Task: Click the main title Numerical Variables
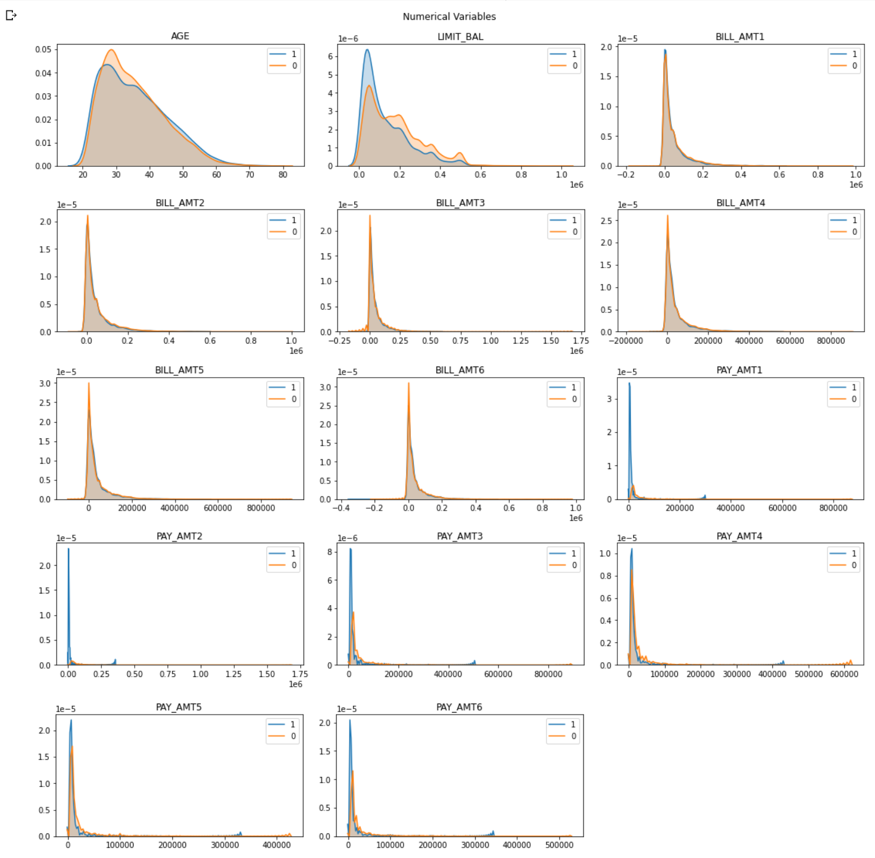[x=449, y=17]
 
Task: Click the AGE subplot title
[x=180, y=36]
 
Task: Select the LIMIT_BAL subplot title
[x=460, y=36]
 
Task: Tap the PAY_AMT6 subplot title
[x=459, y=707]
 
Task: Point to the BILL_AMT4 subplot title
[x=740, y=203]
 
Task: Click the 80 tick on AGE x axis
[x=283, y=175]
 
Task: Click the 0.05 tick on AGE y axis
[x=43, y=49]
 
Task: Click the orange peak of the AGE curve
[x=111, y=50]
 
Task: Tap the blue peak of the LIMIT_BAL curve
[x=367, y=50]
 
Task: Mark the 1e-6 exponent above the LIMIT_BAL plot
[x=348, y=38]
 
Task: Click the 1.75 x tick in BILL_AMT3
[x=581, y=341]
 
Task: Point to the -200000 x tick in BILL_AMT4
[x=626, y=341]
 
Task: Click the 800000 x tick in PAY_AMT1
[x=833, y=508]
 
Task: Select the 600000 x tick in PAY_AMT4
[x=844, y=674]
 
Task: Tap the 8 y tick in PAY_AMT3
[x=330, y=552]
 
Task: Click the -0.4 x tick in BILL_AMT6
[x=341, y=508]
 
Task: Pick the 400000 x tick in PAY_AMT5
[x=276, y=845]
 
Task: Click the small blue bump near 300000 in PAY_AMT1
[x=704, y=496]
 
